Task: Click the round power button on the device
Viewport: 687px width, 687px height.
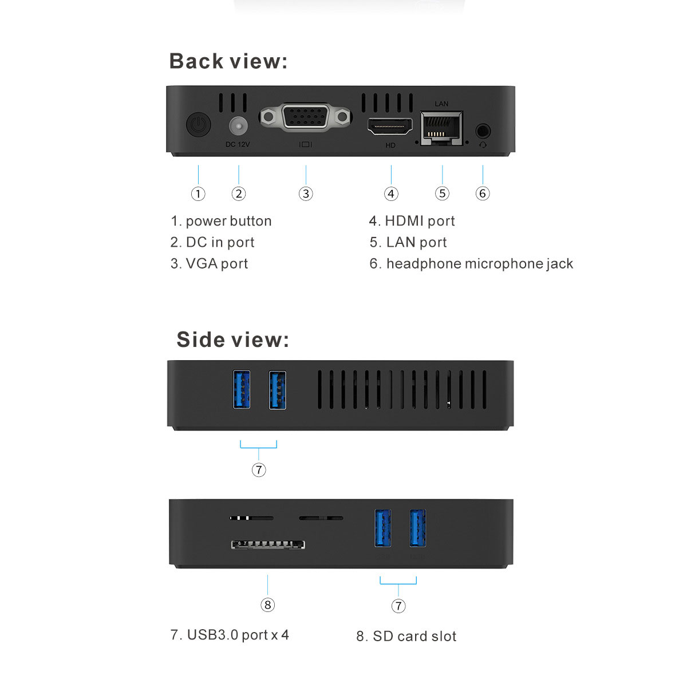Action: (x=198, y=124)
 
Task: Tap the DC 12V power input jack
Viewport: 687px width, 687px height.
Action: (x=238, y=125)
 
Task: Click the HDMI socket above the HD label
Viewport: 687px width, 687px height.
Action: (x=390, y=127)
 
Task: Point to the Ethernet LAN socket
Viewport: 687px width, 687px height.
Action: (x=442, y=128)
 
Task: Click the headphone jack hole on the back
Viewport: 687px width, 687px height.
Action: (x=483, y=131)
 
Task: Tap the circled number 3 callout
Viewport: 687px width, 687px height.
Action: (x=306, y=194)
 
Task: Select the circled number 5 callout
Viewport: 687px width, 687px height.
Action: (x=442, y=194)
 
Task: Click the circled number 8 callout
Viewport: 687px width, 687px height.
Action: (x=267, y=605)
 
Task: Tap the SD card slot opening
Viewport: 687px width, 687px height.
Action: (x=268, y=544)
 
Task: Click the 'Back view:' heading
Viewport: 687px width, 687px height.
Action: (x=228, y=61)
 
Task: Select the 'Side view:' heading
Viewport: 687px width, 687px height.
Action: (x=233, y=339)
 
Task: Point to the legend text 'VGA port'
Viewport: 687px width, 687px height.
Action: (x=217, y=264)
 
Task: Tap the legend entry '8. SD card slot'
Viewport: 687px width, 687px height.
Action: (x=406, y=637)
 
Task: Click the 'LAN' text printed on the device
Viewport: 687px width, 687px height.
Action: (x=441, y=104)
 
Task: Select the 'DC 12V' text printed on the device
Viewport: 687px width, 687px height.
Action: (x=238, y=144)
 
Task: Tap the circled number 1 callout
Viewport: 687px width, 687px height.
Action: (x=198, y=194)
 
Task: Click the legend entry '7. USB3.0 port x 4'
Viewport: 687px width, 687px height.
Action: (x=230, y=635)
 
